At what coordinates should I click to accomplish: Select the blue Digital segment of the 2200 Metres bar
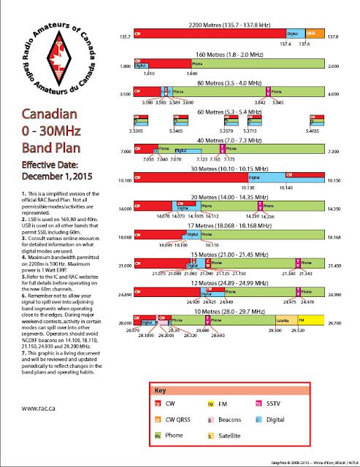(294, 34)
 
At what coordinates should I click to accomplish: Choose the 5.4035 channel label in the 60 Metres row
(315, 131)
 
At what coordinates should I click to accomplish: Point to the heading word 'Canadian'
(55, 115)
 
